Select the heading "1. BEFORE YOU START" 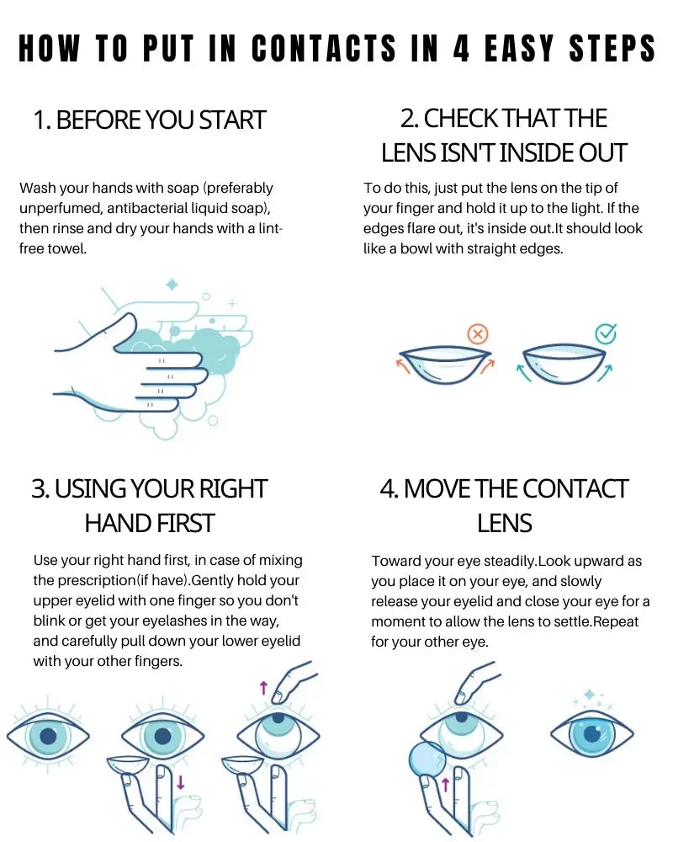point(150,120)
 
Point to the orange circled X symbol point(478,335)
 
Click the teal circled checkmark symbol point(606,333)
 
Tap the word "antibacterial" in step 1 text point(152,208)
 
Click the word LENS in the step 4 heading point(505,524)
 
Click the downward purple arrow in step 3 point(180,782)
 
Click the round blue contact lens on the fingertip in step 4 point(427,759)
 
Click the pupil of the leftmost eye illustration point(48,736)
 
